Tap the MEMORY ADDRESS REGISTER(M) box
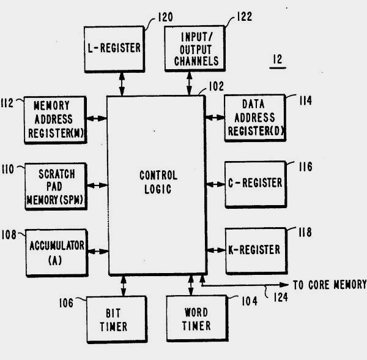(x=55, y=119)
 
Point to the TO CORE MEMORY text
(x=328, y=285)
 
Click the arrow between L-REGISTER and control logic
(x=122, y=81)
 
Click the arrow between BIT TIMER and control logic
(x=124, y=285)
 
